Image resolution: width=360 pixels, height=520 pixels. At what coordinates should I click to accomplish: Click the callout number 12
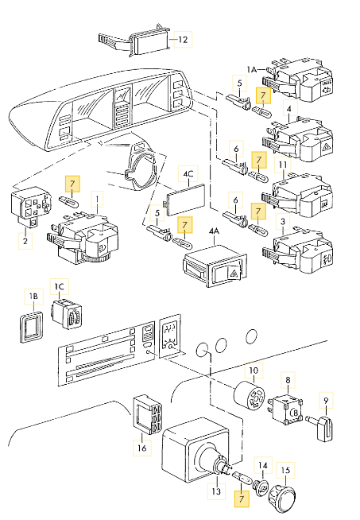(183, 40)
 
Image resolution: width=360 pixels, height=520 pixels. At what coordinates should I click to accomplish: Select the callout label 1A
(252, 69)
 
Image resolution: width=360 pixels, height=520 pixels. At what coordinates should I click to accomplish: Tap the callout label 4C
(188, 174)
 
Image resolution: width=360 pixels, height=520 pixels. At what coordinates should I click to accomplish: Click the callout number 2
(25, 241)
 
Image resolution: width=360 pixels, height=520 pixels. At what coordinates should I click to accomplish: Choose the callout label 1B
(33, 296)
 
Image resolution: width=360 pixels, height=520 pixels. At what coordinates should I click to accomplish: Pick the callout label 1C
(60, 286)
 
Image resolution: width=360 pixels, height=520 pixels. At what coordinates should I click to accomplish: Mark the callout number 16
(142, 448)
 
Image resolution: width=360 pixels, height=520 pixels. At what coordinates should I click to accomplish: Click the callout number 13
(216, 491)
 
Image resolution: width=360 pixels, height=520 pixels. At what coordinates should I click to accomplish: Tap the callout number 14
(262, 466)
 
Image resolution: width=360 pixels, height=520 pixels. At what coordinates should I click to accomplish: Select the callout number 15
(285, 470)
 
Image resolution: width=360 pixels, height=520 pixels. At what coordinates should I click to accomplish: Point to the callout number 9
(326, 400)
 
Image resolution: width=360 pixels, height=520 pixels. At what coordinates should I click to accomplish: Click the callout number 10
(254, 370)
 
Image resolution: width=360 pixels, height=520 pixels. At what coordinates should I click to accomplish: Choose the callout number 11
(283, 165)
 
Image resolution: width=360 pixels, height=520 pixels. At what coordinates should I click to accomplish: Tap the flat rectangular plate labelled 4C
(186, 200)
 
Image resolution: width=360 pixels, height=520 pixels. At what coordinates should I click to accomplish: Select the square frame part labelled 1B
(30, 326)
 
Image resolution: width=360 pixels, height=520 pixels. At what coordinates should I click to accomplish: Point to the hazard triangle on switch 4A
(234, 274)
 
